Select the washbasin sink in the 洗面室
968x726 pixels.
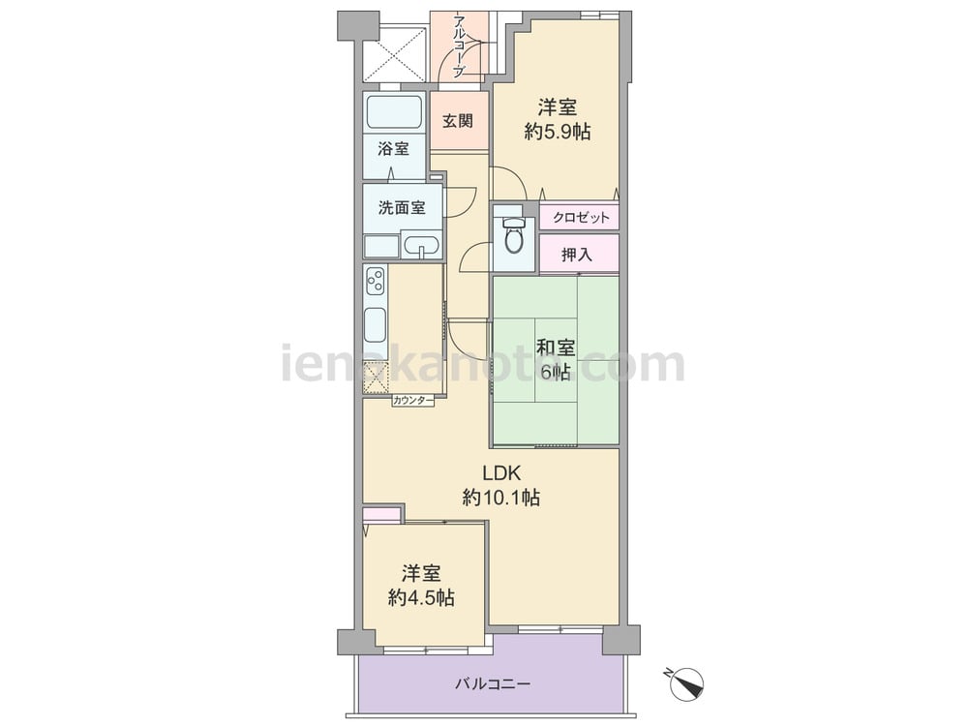coord(422,245)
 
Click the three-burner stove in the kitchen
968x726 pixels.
coord(376,281)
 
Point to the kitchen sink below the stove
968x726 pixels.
coord(376,324)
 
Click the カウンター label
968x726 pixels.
coord(413,401)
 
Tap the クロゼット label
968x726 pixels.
coord(580,217)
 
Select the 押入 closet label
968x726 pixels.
coord(577,254)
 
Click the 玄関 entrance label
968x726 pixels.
coord(458,121)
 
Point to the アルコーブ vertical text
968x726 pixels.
coord(459,46)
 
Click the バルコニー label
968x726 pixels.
coord(493,684)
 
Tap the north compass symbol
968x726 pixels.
coord(686,682)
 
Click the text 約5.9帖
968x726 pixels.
coord(558,132)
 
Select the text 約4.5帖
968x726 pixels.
coord(422,597)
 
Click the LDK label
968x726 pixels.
coord(501,473)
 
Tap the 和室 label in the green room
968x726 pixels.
coord(556,348)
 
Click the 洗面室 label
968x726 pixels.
coord(402,207)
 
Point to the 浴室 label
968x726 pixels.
coord(393,149)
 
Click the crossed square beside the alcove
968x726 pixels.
coord(395,53)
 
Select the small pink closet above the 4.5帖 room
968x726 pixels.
coord(382,514)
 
